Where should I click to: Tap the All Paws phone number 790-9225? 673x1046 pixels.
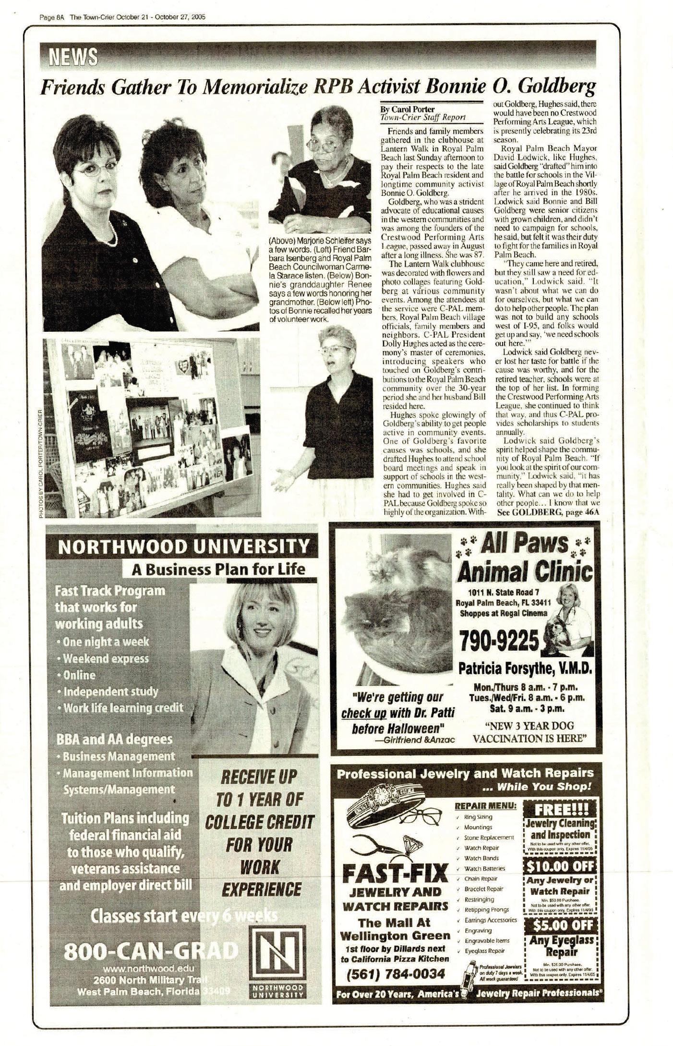pos(499,640)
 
